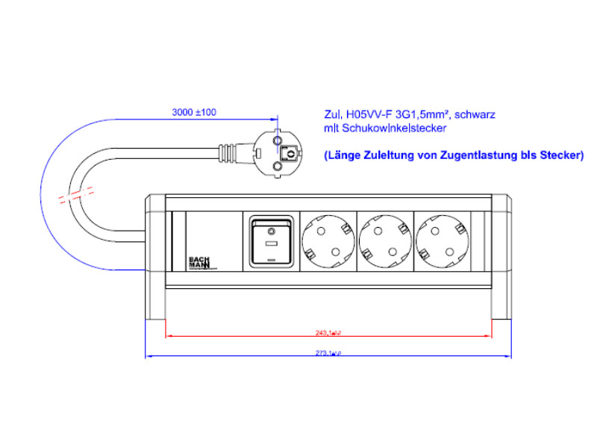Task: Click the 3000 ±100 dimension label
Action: click(x=194, y=112)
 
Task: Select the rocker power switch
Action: click(x=270, y=240)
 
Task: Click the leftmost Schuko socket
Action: click(x=326, y=240)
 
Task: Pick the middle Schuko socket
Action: click(x=384, y=240)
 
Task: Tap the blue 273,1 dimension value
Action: click(x=328, y=353)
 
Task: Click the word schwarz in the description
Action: click(x=475, y=114)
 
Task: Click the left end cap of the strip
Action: click(x=154, y=258)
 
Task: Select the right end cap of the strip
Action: click(x=501, y=258)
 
